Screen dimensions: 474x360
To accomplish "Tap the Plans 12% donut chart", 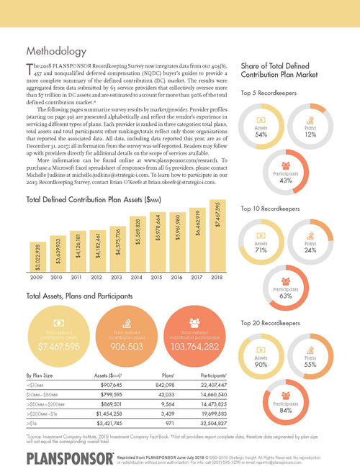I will tap(312, 123).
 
